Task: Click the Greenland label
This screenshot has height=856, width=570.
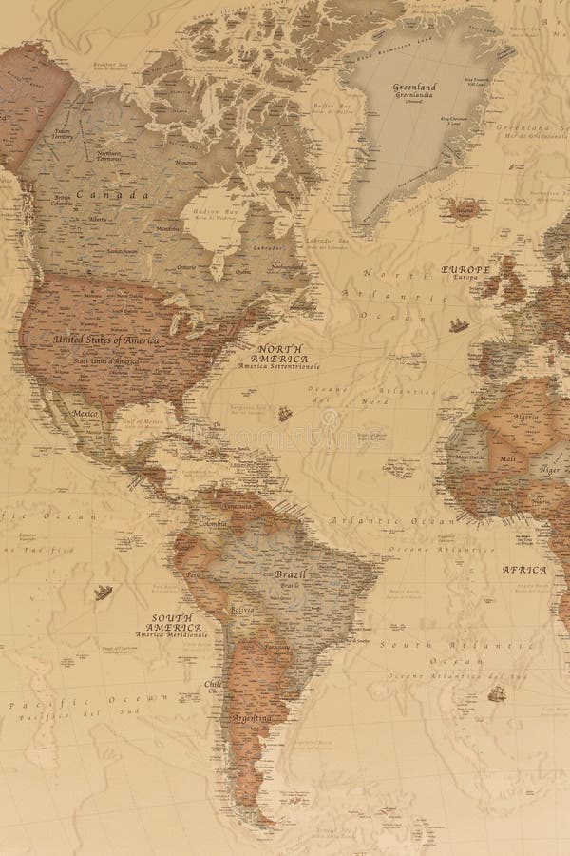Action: (x=414, y=87)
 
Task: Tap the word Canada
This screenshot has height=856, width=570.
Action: (x=101, y=195)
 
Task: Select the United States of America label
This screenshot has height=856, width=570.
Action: (x=106, y=339)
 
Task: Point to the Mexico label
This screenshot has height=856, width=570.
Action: (x=86, y=415)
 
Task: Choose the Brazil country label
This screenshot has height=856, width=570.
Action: (x=290, y=574)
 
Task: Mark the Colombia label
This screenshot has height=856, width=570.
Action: (x=214, y=523)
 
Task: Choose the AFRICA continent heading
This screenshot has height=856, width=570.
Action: (x=523, y=570)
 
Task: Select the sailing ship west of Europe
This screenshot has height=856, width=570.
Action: (x=459, y=326)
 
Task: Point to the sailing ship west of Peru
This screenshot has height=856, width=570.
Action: (x=104, y=593)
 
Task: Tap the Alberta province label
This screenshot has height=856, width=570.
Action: (x=97, y=218)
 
